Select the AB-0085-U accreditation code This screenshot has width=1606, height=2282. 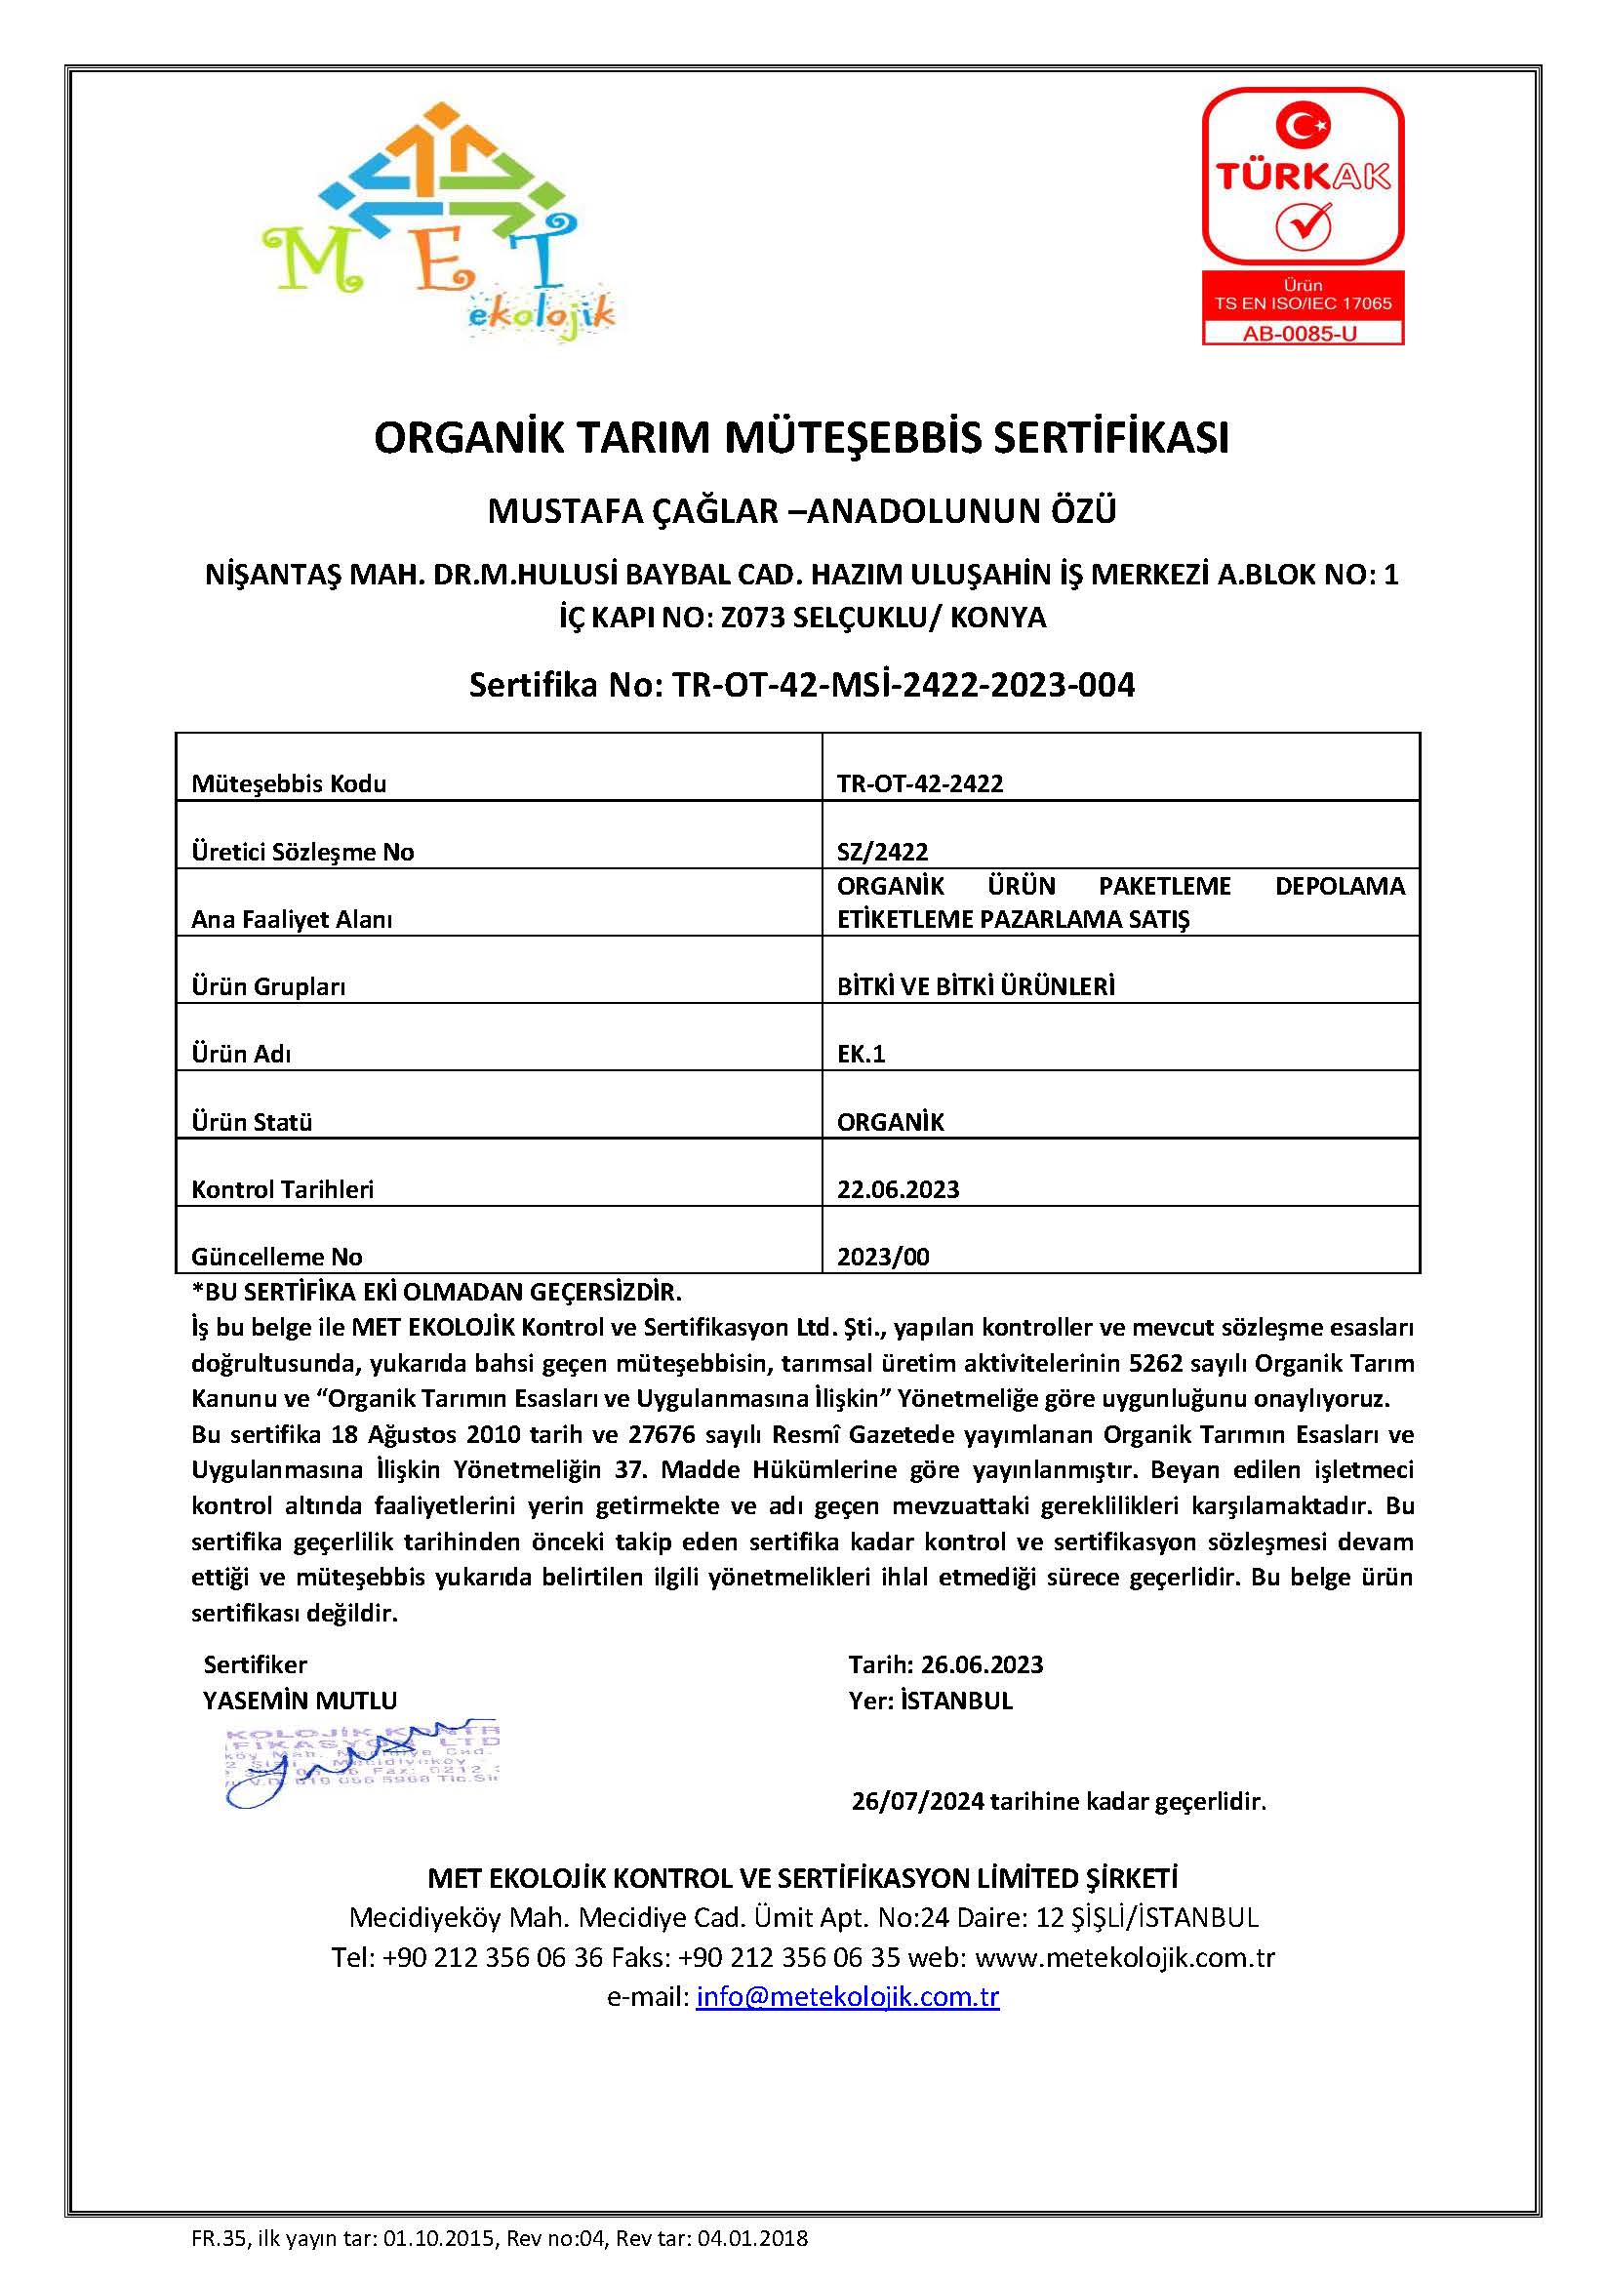(x=1302, y=334)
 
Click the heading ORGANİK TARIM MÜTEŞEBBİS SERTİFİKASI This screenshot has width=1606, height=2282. (x=801, y=438)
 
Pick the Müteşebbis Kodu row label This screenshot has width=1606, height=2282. (x=288, y=784)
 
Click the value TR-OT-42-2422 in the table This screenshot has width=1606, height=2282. (x=919, y=784)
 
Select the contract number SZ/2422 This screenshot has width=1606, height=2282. (x=882, y=852)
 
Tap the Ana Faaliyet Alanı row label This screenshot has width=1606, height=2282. (x=291, y=919)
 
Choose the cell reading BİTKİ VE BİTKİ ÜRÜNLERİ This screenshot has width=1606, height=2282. (x=975, y=986)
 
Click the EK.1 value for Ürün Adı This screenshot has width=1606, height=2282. (x=861, y=1054)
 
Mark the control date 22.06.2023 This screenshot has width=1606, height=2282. (x=898, y=1189)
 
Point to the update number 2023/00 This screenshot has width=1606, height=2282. (x=882, y=1258)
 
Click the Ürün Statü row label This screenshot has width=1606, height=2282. (x=252, y=1122)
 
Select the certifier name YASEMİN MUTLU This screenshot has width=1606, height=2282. (x=301, y=1701)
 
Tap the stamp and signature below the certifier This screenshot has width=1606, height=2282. (x=360, y=1764)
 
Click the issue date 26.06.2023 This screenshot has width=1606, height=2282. (x=982, y=1664)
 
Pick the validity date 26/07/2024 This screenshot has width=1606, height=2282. (x=917, y=1801)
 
